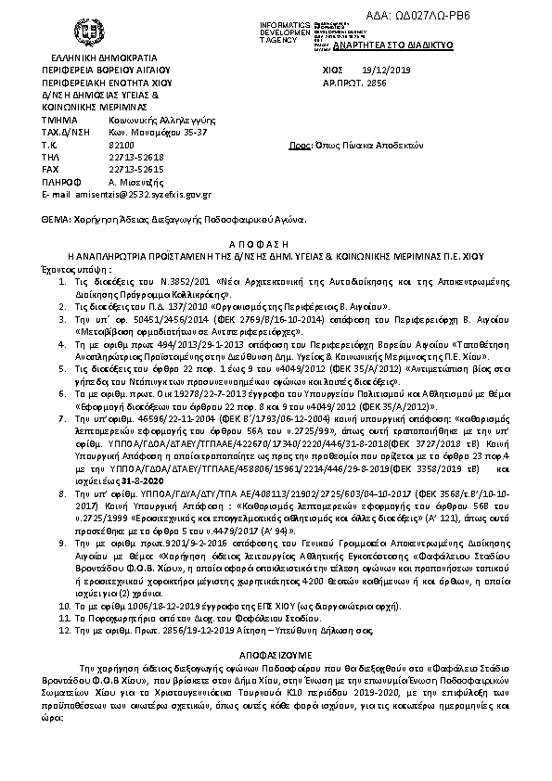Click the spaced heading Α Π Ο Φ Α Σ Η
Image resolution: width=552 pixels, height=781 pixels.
click(x=275, y=237)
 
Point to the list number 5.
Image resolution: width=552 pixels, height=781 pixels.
click(x=62, y=367)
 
